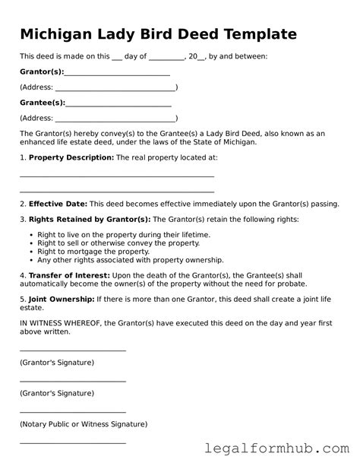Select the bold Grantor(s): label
tap(42, 72)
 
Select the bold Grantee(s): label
tap(43, 103)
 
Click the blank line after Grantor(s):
tap(117, 74)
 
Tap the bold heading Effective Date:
tap(58, 204)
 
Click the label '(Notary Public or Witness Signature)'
tap(84, 423)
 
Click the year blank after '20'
tap(201, 57)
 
